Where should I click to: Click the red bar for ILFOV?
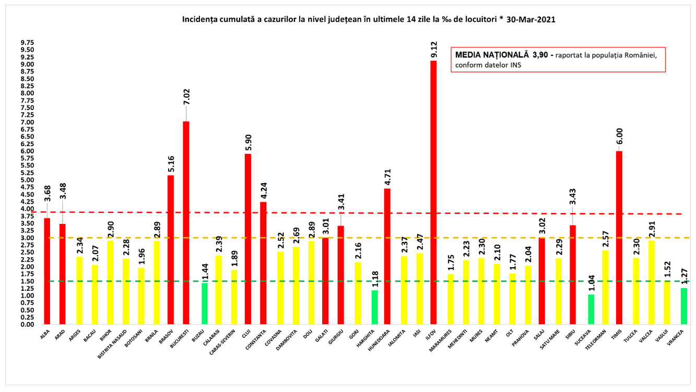click(x=433, y=193)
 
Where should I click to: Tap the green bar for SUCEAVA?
click(x=591, y=310)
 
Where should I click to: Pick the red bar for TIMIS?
click(x=619, y=237)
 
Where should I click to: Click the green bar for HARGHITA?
click(x=374, y=307)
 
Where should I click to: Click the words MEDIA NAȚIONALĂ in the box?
click(x=491, y=55)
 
